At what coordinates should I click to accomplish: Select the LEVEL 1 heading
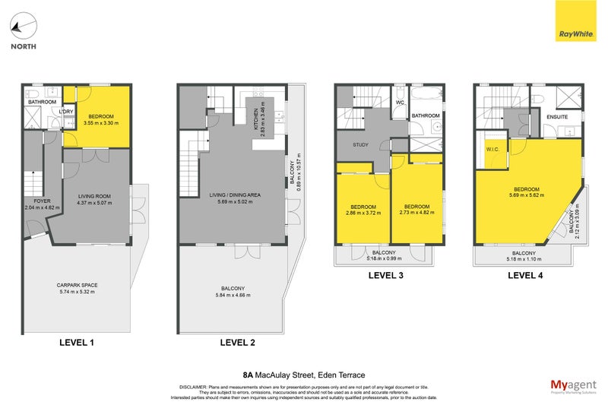click(77, 343)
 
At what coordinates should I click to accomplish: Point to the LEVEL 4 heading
click(525, 275)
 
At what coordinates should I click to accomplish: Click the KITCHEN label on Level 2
click(256, 118)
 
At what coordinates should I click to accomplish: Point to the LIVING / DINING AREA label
click(235, 195)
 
